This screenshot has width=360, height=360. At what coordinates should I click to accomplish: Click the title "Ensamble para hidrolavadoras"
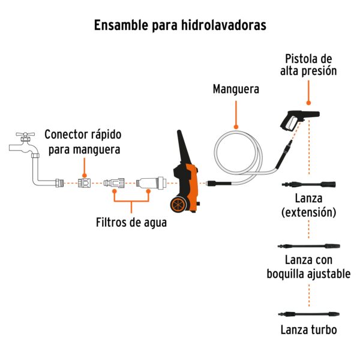(180, 26)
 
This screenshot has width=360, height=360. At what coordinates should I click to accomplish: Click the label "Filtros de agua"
(131, 222)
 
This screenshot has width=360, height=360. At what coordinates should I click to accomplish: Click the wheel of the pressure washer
(178, 205)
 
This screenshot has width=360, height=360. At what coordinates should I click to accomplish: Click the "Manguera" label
(236, 89)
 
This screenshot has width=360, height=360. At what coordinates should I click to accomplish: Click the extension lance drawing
(309, 184)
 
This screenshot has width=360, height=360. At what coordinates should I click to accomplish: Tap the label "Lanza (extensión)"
(308, 205)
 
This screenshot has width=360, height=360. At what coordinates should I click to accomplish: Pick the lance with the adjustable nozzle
(308, 246)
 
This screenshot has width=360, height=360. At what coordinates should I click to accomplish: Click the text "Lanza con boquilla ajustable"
(308, 267)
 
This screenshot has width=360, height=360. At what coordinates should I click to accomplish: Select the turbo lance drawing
(308, 314)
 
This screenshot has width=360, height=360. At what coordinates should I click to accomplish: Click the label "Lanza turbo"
(308, 330)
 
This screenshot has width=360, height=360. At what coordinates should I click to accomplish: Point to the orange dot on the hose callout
(236, 127)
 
